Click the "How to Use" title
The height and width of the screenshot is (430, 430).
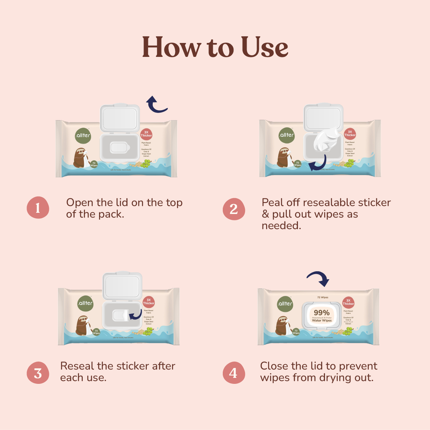tap(215, 47)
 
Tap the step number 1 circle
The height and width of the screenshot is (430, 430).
tap(38, 208)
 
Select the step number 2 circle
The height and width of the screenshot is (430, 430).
tap(234, 209)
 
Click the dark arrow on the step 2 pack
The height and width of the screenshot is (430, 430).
tap(317, 162)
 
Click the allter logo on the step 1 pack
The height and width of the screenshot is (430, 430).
tap(83, 135)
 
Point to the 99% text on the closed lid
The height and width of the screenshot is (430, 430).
tap(322, 312)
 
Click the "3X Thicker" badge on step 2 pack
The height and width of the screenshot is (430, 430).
tap(350, 133)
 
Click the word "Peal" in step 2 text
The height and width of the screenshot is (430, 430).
tap(273, 203)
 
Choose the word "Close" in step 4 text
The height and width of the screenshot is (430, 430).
tap(274, 366)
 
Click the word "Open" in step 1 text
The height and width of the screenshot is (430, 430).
tap(79, 203)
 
